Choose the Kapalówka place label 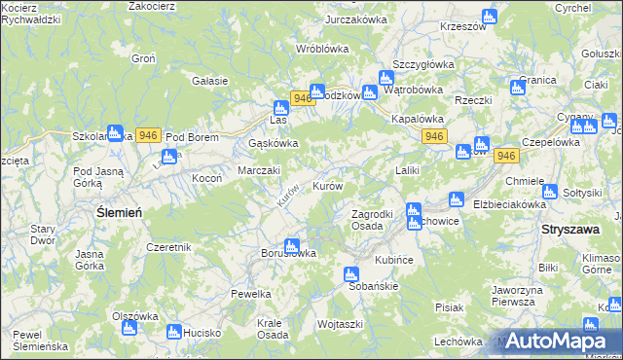coord(418,117)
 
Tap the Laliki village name coord(407,170)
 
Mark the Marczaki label coord(260,170)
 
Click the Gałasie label coord(210,81)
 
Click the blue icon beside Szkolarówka coord(115,132)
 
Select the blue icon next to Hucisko coord(174,332)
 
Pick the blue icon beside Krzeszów coord(489,17)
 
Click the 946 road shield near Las coord(302,98)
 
